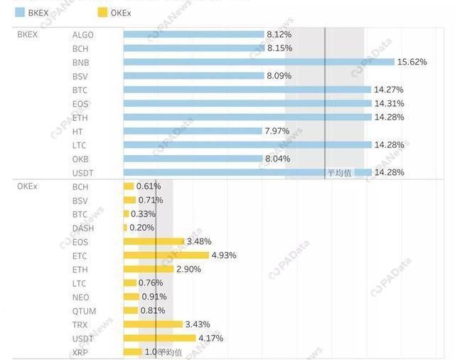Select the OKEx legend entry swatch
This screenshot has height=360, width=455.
(x=102, y=12)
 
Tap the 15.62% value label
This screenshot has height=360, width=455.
(x=412, y=62)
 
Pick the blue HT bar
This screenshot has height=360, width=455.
(x=193, y=131)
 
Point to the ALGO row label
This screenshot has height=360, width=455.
(x=82, y=35)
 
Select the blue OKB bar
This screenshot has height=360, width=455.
(x=193, y=159)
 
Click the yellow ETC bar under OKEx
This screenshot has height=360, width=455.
(x=166, y=255)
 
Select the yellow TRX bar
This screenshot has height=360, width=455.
(x=153, y=324)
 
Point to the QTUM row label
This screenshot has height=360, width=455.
(x=84, y=311)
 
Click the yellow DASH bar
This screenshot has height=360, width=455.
(x=125, y=228)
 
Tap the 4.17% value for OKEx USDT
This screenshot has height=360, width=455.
(x=210, y=338)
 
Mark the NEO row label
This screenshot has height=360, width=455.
(x=80, y=297)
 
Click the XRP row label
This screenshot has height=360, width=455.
(x=80, y=352)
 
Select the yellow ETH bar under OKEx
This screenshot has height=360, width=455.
(x=149, y=269)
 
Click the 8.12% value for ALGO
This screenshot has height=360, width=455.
(x=279, y=34)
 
